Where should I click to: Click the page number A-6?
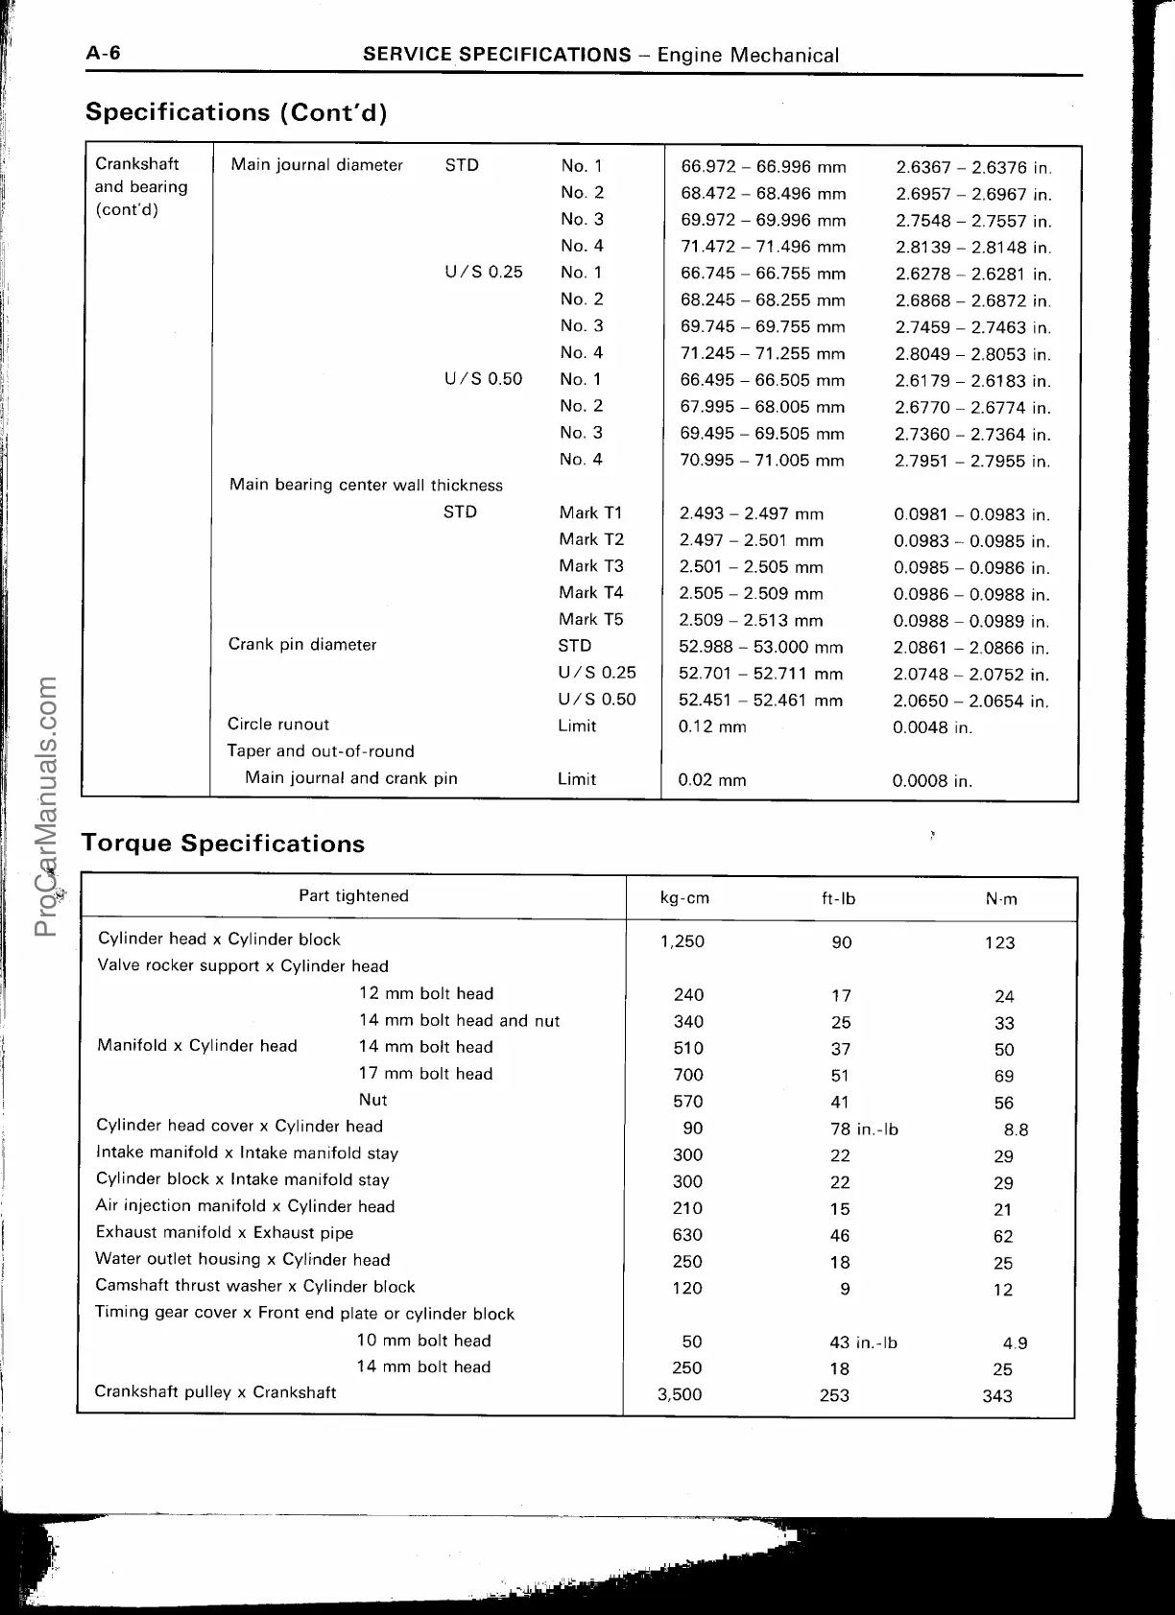104,54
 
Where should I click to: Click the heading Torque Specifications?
224,843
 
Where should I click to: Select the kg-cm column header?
684,899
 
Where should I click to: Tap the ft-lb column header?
838,899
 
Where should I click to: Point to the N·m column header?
1001,899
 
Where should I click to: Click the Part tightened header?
353,896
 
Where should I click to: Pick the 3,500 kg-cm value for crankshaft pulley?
680,1395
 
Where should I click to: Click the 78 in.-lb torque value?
864,1129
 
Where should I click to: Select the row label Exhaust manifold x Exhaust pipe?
225,1233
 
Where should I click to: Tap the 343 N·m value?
997,1396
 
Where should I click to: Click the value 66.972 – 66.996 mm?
763,167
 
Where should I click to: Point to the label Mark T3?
591,566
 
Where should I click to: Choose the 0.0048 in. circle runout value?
932,727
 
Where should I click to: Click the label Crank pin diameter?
302,645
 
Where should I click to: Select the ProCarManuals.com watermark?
45,806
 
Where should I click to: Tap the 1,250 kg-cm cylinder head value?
683,941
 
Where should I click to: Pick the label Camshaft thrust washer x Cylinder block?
255,1287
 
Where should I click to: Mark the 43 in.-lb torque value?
863,1342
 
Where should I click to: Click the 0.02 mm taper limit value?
712,780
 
